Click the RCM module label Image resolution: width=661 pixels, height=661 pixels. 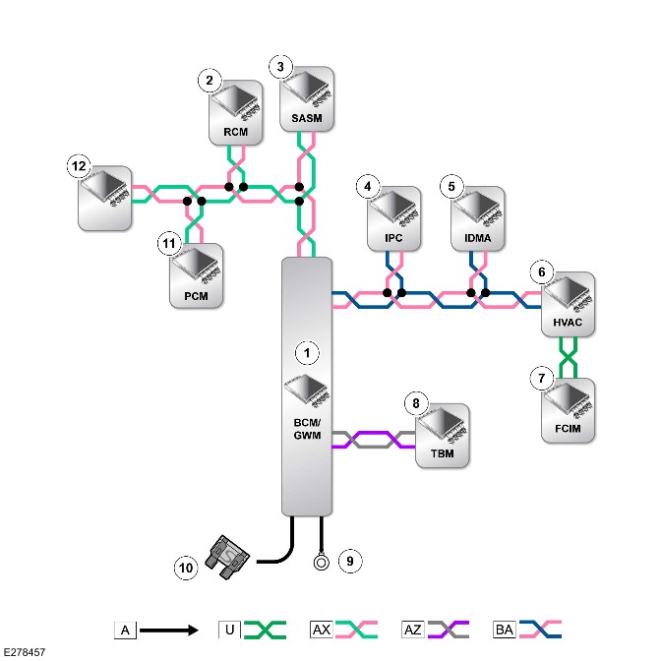click(236, 132)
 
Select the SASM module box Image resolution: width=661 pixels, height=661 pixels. click(307, 99)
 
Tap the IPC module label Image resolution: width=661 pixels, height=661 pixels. click(393, 238)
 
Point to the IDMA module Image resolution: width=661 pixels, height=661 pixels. click(478, 218)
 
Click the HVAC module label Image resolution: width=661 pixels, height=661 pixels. click(568, 323)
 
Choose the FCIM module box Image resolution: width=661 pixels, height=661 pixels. click(568, 410)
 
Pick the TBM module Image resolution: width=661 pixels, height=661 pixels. click(443, 436)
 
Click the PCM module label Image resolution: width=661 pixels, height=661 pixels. click(196, 296)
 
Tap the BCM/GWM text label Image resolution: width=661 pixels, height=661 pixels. click(307, 429)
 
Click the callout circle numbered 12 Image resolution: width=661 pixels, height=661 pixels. click(79, 166)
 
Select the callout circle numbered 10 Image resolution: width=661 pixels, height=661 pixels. click(186, 568)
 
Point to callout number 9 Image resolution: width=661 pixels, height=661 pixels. click(350, 561)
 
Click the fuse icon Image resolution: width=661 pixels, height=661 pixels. click(227, 558)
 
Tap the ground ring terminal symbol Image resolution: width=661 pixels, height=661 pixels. click(322, 563)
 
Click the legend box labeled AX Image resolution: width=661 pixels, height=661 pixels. click(322, 630)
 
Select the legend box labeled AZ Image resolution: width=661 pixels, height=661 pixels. click(413, 630)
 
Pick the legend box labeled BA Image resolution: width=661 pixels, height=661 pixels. click(505, 630)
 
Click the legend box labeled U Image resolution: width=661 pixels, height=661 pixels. click(229, 630)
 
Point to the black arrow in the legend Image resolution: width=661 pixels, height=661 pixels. click(168, 631)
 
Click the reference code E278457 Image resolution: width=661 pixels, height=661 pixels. click(24, 652)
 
